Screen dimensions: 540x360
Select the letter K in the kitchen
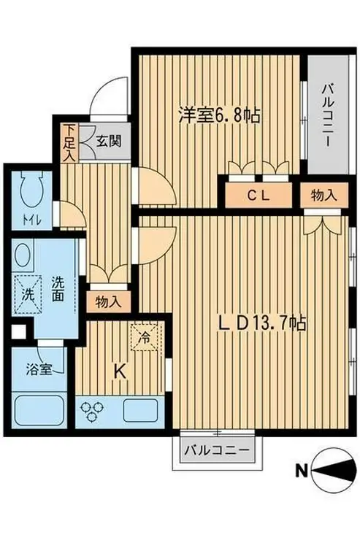pyautogui.click(x=121, y=371)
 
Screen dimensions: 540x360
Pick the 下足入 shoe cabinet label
pyautogui.click(x=68, y=143)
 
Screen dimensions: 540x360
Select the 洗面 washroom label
pyautogui.click(x=58, y=288)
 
